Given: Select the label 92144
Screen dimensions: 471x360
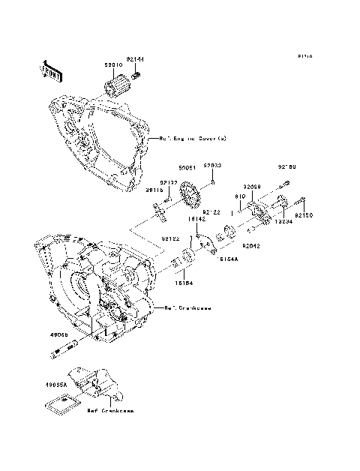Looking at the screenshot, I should click(135, 59).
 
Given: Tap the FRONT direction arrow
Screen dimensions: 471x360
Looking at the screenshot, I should click(49, 70).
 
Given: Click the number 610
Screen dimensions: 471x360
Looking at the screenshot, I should click(240, 196).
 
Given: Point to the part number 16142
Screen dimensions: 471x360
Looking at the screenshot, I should click(196, 220).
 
